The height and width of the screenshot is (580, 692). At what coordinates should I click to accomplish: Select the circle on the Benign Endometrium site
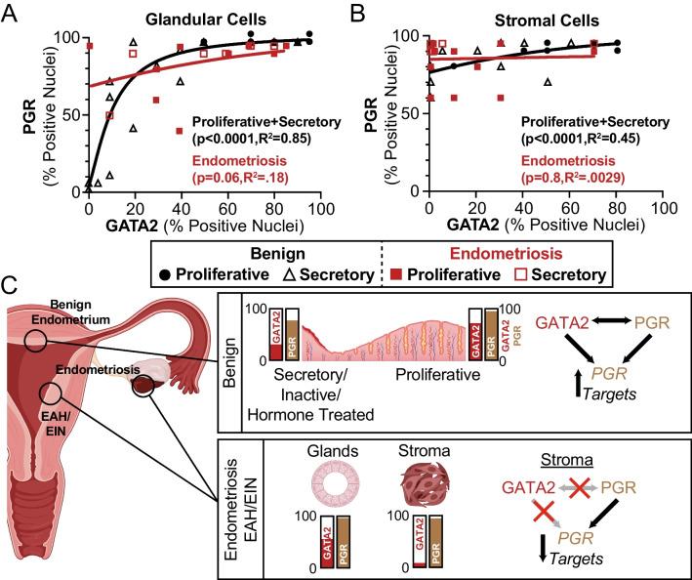tap(36, 340)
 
